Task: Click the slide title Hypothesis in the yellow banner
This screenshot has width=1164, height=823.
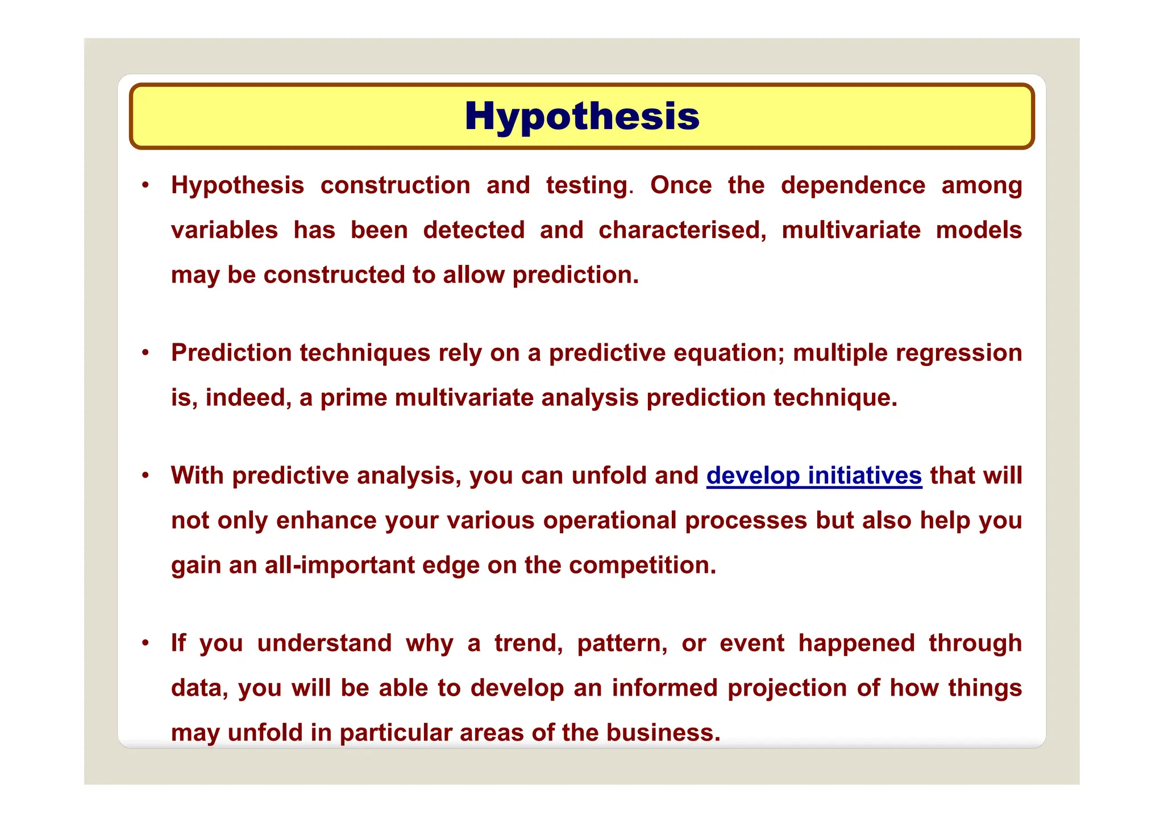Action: click(x=582, y=116)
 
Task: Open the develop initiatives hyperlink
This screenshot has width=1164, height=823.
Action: click(x=814, y=476)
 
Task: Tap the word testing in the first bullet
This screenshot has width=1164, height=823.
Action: click(x=587, y=186)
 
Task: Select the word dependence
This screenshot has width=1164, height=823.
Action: click(x=853, y=185)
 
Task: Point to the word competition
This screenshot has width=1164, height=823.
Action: click(x=642, y=566)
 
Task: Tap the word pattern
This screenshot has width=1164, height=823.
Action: click(x=622, y=644)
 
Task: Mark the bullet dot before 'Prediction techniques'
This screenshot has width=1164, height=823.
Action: click(x=146, y=352)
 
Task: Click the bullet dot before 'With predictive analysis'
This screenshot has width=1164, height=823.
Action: click(x=146, y=475)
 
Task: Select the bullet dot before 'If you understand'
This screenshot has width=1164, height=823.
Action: click(x=146, y=643)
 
